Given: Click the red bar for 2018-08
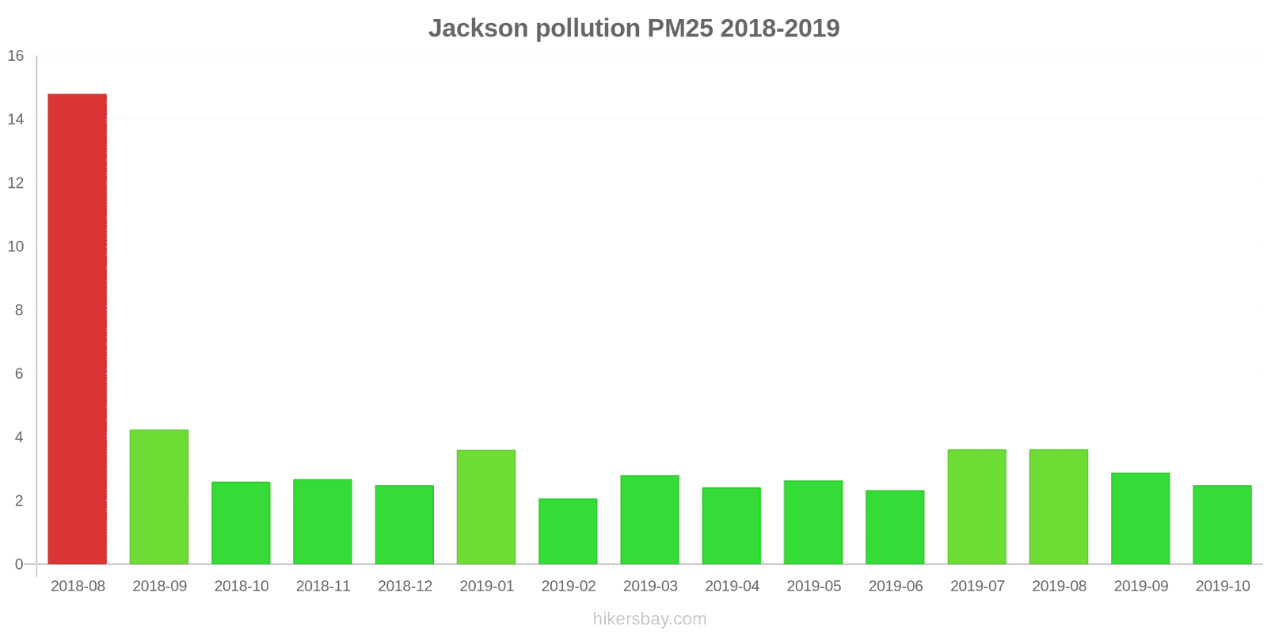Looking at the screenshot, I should [78, 329].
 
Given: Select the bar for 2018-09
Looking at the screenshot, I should [159, 497].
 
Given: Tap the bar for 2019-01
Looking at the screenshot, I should [486, 507].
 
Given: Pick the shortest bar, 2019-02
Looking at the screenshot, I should [568, 531].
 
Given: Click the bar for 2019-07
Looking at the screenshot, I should [976, 507].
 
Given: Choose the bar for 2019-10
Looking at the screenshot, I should [1222, 525].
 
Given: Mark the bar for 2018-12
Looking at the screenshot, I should [405, 525].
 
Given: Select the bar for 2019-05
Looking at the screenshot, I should [813, 522].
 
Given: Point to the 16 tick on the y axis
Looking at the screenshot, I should [16, 56].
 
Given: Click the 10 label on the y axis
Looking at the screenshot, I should [16, 246].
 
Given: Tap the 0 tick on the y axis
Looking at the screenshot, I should [19, 564].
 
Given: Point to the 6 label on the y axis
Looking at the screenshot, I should [19, 374].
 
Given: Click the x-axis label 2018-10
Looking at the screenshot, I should [242, 586].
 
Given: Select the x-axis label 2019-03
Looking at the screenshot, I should [650, 586].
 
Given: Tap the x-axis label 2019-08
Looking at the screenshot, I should [1059, 586].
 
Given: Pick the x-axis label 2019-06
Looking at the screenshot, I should [896, 586].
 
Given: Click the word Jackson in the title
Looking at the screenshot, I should [478, 29].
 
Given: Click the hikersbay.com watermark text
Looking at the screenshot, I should [649, 619].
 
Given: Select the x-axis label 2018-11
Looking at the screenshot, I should [323, 586].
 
